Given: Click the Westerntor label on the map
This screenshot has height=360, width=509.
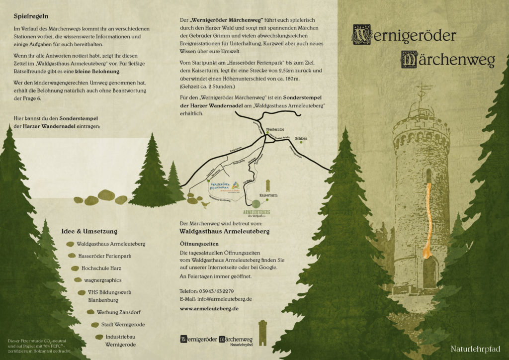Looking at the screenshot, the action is (x=275, y=129).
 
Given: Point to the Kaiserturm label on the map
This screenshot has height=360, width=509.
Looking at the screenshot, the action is (x=268, y=195).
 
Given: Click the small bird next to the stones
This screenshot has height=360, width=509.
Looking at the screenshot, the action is (x=205, y=204).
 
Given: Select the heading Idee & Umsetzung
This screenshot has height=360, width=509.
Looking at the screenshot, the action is (x=89, y=231).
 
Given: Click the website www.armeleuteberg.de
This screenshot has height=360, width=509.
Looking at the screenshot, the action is (x=209, y=308).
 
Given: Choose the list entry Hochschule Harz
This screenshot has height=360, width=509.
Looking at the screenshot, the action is (x=101, y=268).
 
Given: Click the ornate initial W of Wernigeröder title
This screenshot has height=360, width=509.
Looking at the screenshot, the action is (x=361, y=35).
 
